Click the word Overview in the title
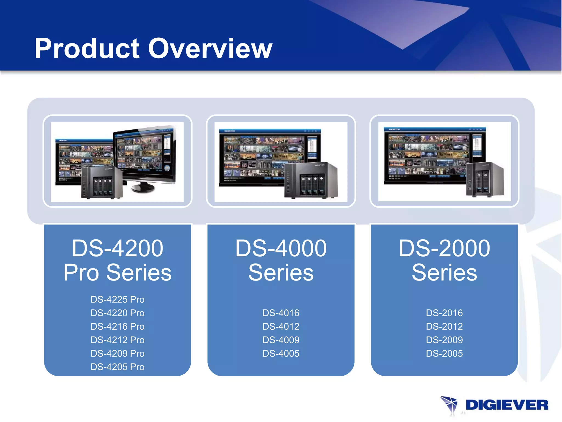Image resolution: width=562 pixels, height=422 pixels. coord(210,49)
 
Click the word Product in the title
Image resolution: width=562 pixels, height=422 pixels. coord(87,49)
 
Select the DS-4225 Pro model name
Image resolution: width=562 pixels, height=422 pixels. coord(117,299)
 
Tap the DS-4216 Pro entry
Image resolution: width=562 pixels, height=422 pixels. coord(117,326)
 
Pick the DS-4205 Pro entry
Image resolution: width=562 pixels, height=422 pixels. coord(117,367)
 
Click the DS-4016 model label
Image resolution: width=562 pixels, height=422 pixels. coord(281,313)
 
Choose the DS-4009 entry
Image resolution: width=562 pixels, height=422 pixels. coord(281,340)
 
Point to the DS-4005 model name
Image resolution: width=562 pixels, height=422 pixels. coord(281,353)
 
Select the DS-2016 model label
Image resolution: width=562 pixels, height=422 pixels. coord(444,313)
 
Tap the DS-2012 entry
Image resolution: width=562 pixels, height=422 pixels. coord(444,326)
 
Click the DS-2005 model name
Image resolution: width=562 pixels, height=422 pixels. coord(444,353)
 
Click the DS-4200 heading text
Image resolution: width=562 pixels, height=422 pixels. coord(117,248)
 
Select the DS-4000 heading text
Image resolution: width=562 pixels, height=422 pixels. coord(281,248)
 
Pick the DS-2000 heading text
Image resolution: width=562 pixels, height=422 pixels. coord(444,248)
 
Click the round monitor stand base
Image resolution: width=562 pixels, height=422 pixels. coord(143,188)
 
